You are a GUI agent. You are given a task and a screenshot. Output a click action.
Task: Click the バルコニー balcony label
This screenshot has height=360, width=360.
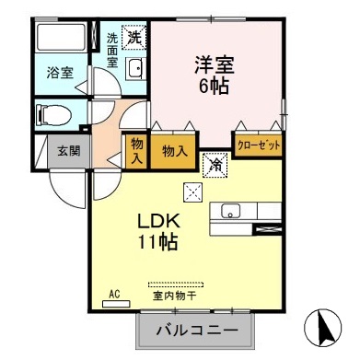tap(196, 329)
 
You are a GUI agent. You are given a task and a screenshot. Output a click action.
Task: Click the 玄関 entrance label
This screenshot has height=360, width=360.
tap(63, 150)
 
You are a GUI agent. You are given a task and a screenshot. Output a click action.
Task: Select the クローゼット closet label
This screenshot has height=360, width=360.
tap(259, 145)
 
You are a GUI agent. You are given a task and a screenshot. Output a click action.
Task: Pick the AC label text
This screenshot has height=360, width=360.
tap(115, 295)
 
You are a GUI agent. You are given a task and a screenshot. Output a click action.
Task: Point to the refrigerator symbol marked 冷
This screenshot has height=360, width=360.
tap(214, 164)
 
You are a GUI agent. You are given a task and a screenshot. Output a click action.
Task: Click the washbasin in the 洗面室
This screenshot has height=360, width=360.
tap(134, 69)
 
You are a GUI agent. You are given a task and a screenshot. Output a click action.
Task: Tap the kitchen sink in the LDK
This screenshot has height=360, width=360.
tap(230, 213)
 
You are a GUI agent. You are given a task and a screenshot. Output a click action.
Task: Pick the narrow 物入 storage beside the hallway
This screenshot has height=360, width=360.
tap(136, 149)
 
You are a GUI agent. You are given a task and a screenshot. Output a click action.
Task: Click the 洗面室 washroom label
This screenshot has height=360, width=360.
tap(112, 52)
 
